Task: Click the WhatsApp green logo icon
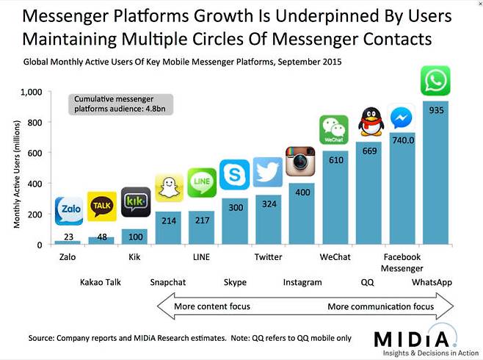click(435, 81)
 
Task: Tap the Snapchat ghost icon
click(168, 188)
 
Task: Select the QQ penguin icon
click(371, 121)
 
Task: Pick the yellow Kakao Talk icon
click(101, 206)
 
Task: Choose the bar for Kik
click(134, 237)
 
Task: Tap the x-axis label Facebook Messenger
click(402, 262)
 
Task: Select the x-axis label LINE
click(201, 257)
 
